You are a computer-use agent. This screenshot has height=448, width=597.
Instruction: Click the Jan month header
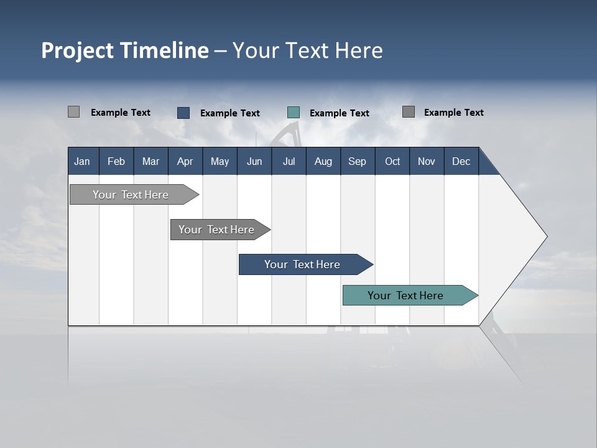pyautogui.click(x=82, y=161)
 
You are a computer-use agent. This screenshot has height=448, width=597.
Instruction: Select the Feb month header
pyautogui.click(x=116, y=161)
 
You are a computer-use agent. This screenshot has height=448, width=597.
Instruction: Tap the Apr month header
pyautogui.click(x=185, y=161)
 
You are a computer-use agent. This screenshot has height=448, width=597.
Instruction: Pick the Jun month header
pyautogui.click(x=254, y=161)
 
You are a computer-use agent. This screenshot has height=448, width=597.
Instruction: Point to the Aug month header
pyautogui.click(x=323, y=161)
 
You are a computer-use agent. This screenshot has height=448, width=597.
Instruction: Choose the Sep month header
pyautogui.click(x=358, y=161)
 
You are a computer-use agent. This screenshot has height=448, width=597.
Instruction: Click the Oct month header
pyautogui.click(x=392, y=161)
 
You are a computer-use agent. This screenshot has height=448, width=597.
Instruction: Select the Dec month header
pyautogui.click(x=461, y=161)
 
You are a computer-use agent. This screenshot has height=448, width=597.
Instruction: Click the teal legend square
pyautogui.click(x=294, y=113)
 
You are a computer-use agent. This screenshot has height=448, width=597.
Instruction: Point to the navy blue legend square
pyautogui.click(x=183, y=113)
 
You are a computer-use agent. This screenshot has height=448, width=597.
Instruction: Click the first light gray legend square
pyautogui.click(x=73, y=112)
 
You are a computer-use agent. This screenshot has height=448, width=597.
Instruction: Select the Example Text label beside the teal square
pyautogui.click(x=340, y=113)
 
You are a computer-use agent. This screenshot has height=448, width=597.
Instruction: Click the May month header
pyautogui.click(x=220, y=161)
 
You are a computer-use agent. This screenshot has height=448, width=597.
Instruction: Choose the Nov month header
pyautogui.click(x=427, y=161)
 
